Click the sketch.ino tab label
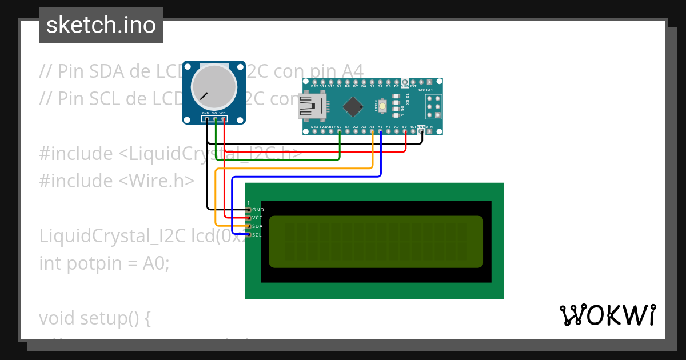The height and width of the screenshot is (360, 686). click(x=101, y=25)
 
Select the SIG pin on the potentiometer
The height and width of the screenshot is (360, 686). click(x=215, y=119)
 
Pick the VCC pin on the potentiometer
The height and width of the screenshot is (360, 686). click(x=224, y=119)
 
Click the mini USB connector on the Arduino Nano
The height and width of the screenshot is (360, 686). click(x=312, y=106)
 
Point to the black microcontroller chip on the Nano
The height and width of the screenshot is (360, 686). click(x=354, y=106)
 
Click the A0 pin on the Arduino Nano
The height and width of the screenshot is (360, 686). click(x=340, y=131)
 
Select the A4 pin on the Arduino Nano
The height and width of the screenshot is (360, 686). click(x=372, y=131)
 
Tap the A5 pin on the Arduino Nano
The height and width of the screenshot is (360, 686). click(x=380, y=131)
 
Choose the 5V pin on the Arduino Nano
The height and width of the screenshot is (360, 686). click(x=405, y=131)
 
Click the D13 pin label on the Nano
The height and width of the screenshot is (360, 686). click(x=314, y=127)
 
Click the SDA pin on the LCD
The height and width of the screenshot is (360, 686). click(x=248, y=226)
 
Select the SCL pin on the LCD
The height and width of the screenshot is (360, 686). click(x=248, y=234)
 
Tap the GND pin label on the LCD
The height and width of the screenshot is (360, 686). click(x=258, y=210)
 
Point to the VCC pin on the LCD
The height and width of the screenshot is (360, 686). click(x=248, y=218)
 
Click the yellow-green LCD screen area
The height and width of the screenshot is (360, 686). click(x=376, y=241)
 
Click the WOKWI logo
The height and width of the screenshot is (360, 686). click(x=608, y=315)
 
